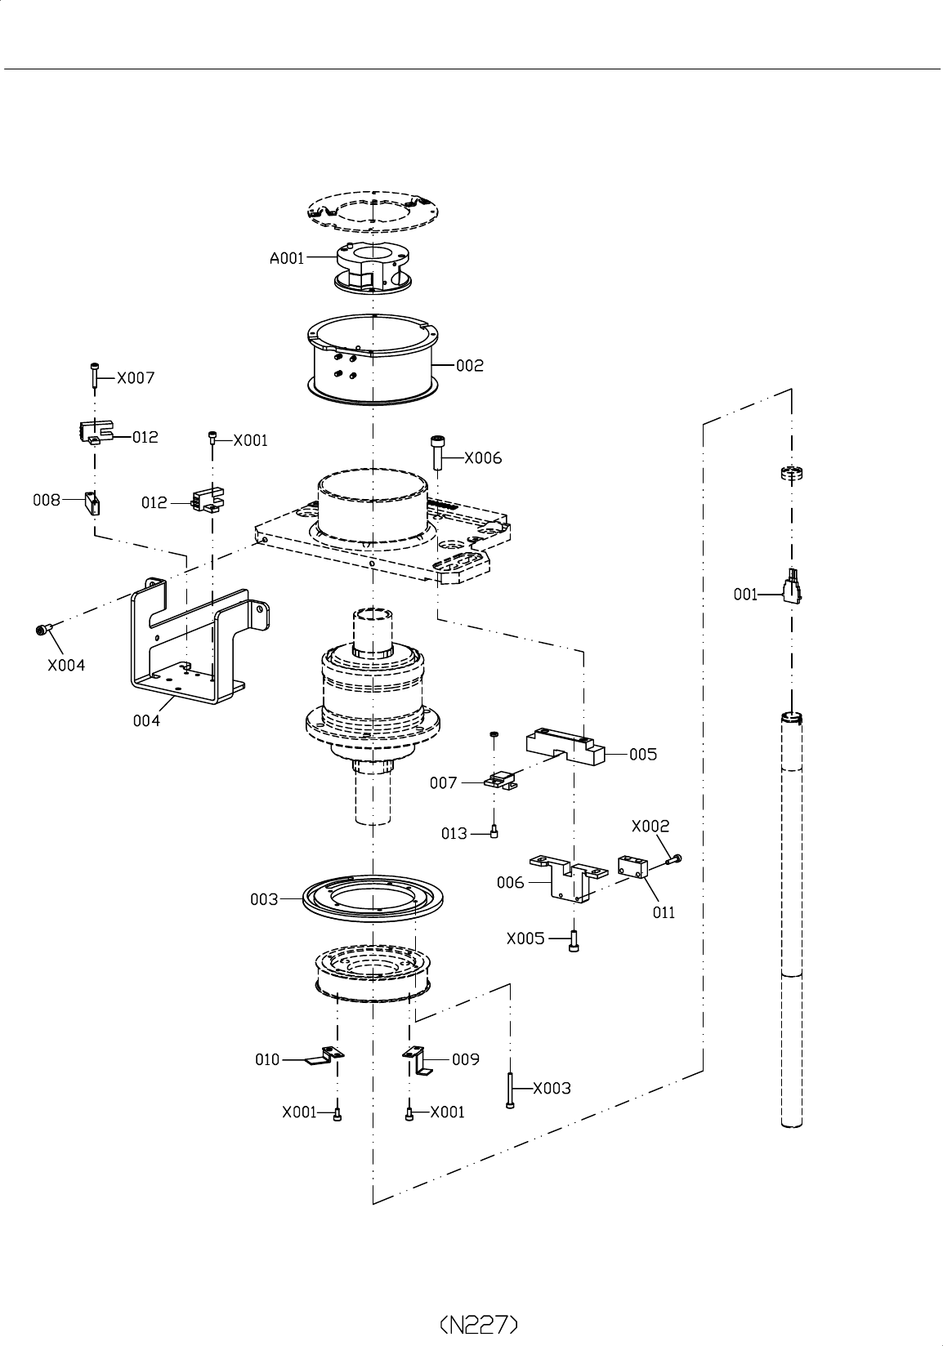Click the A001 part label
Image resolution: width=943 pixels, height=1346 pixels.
(287, 258)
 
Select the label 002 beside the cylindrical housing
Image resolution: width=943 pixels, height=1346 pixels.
(469, 365)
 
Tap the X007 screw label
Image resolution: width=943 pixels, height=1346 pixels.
(135, 378)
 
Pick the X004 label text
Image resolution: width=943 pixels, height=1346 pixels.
(66, 665)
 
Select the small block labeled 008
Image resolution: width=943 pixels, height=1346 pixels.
(92, 503)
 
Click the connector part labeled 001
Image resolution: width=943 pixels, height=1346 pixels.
(792, 586)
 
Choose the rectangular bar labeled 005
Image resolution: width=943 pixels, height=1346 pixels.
(565, 747)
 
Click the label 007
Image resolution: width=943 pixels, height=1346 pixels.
(443, 783)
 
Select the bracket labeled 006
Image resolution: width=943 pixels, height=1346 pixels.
(568, 878)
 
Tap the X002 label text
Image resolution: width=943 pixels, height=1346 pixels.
(650, 827)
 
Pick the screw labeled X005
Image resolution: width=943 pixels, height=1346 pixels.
(574, 941)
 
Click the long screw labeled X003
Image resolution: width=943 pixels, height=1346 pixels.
(510, 1090)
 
